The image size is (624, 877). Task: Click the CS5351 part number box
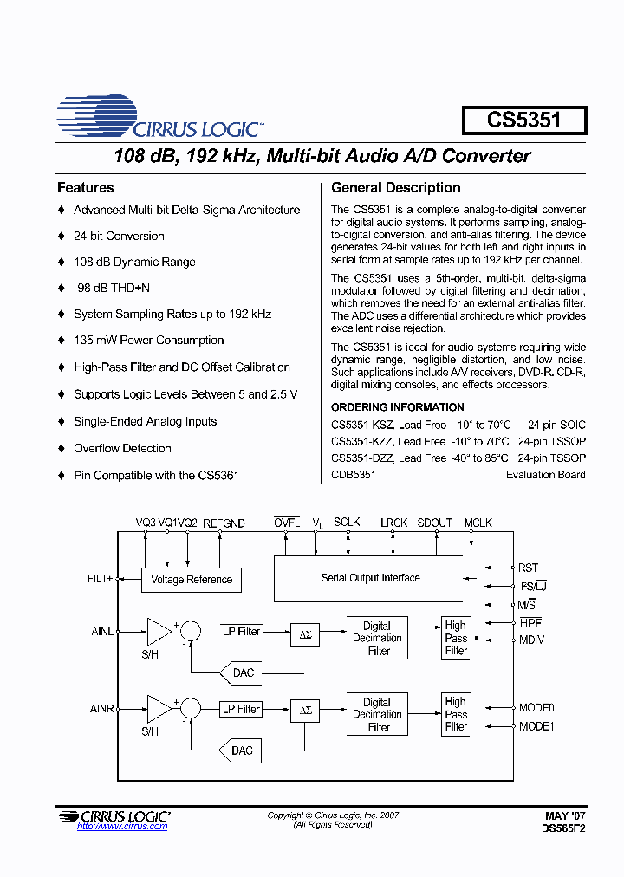point(523,120)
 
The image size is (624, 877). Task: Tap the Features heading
point(85,187)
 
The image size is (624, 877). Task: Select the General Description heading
point(396,187)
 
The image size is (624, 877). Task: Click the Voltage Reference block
point(192,579)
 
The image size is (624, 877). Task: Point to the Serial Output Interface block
point(370,578)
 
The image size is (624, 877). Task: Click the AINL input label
point(102,632)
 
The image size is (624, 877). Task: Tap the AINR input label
point(102,709)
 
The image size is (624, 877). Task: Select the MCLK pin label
point(478,523)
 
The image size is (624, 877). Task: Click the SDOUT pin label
point(434,523)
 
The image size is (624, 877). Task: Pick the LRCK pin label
point(393,523)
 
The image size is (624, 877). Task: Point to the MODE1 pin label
point(536,726)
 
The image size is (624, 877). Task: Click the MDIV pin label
point(531,640)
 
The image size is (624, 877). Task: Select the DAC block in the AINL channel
point(243,672)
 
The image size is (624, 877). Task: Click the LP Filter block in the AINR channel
point(241,709)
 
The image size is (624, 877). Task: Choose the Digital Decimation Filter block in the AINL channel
point(377,638)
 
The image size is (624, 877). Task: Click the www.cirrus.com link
point(122,827)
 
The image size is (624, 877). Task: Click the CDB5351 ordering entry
point(354,475)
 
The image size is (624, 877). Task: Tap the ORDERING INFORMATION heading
point(398,407)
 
